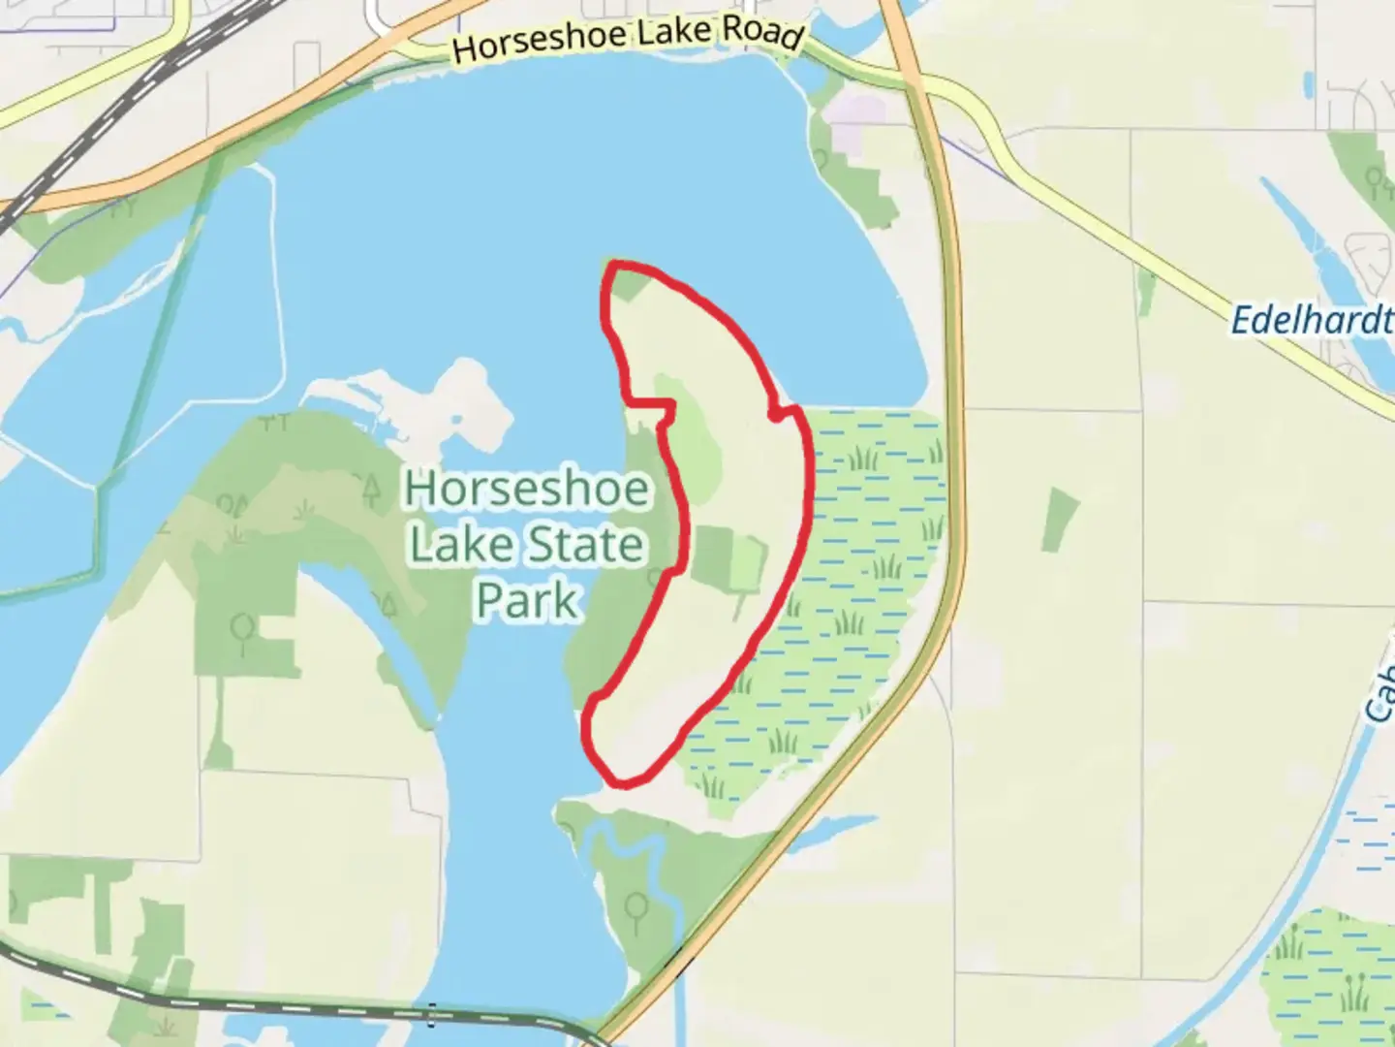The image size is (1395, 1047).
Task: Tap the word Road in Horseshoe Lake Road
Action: click(x=762, y=33)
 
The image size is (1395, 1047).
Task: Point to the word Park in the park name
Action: click(x=528, y=600)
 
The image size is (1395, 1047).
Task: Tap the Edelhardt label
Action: click(x=1312, y=320)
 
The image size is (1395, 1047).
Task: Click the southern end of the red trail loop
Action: click(x=625, y=780)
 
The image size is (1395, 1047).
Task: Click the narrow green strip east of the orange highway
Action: click(x=1061, y=520)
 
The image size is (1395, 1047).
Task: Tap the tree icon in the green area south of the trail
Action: click(x=636, y=909)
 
